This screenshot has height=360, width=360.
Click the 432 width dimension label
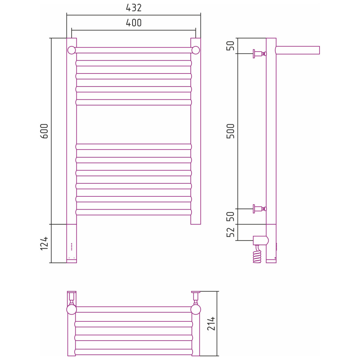point(134,8)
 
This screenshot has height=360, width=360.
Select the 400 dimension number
point(134,23)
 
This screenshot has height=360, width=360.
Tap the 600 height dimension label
point(44,131)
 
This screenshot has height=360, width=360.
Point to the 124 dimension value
point(44,243)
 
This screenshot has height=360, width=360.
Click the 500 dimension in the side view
point(230,131)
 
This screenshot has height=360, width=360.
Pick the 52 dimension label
point(230,232)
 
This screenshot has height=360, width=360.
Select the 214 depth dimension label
point(211,324)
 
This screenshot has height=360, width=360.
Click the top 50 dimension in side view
point(230,46)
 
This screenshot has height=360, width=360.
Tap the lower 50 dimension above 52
point(230,216)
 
